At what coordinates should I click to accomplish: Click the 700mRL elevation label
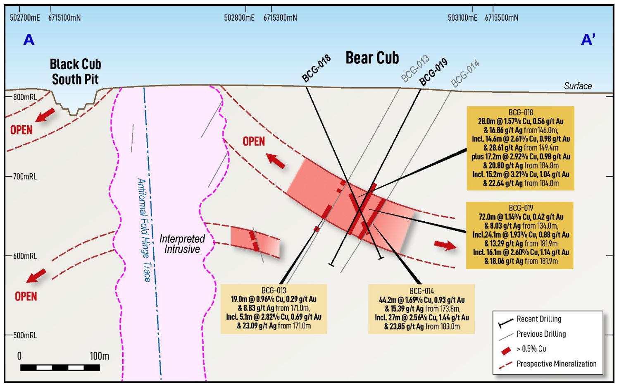[25, 177]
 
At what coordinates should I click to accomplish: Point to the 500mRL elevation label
[25, 335]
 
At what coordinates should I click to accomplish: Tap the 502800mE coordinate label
[239, 18]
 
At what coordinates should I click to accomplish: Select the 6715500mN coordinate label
[502, 18]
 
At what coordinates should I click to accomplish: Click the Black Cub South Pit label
[76, 72]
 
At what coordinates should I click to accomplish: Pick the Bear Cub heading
[372, 58]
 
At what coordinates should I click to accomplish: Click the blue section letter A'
[588, 40]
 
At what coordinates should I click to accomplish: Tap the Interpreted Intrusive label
[182, 244]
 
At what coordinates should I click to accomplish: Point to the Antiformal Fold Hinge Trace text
[144, 230]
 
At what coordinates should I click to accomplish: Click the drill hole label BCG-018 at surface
[316, 68]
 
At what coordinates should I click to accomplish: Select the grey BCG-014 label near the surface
[465, 73]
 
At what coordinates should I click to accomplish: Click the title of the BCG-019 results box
[521, 208]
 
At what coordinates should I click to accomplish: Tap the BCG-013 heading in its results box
[274, 290]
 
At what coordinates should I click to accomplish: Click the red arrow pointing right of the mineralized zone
[445, 245]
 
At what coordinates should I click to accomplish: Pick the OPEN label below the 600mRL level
[26, 297]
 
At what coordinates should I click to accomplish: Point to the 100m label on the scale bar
[100, 356]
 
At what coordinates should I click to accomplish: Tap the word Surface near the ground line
[578, 86]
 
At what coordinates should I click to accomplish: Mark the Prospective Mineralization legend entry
[548, 364]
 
